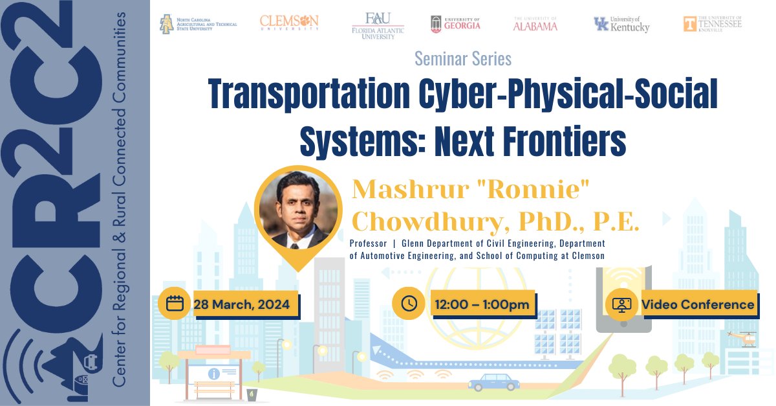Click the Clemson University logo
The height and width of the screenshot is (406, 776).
coord(289,23)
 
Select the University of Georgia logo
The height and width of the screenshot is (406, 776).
coord(455,24)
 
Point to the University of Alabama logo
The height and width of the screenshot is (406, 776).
coord(535,24)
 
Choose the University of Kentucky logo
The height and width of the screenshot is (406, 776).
coord(621,25)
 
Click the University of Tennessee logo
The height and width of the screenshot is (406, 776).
coord(713,24)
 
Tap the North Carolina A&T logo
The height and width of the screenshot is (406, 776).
coord(199,25)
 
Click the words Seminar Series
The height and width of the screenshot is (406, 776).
coord(463,59)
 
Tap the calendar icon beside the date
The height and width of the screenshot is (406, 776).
coord(175,303)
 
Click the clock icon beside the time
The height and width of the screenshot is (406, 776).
coord(409,303)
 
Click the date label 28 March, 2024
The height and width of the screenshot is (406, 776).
coord(246,304)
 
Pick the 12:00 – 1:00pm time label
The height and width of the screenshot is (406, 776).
coord(482,304)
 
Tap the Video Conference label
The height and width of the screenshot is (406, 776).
coord(698,304)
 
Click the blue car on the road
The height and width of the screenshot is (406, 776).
coord(493,381)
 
